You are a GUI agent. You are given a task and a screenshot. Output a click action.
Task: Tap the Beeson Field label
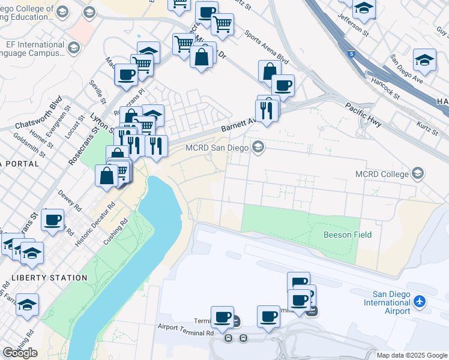pyautogui.click(x=348, y=235)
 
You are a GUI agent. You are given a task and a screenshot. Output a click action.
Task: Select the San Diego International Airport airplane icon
pyautogui.click(x=420, y=300)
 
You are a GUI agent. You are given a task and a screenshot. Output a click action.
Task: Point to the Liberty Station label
pyautogui.click(x=50, y=278)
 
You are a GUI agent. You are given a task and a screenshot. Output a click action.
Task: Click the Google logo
pyautogui.click(x=20, y=353)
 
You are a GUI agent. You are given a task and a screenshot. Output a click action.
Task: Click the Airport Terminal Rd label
pyautogui.click(x=186, y=328)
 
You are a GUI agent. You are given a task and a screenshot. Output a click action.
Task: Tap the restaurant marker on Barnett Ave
pyautogui.click(x=265, y=110)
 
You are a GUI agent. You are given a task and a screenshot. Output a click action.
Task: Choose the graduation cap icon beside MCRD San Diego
pyautogui.click(x=258, y=147)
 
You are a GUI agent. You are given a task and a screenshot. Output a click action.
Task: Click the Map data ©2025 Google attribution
pyautogui.click(x=412, y=355)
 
